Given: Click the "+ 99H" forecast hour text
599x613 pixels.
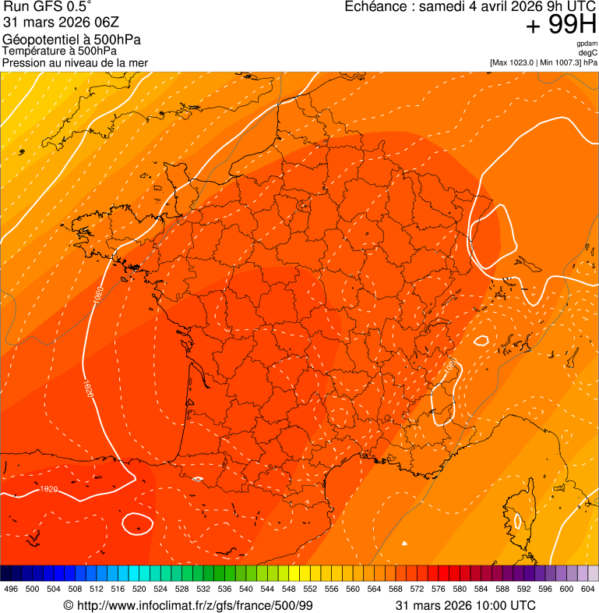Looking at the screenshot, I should click(x=561, y=25).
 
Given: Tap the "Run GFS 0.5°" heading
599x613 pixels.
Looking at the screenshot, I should click(x=48, y=8).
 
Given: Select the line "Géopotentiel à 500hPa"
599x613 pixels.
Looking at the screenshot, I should click(x=72, y=40).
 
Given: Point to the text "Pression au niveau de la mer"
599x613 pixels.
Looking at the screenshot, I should click(x=75, y=62).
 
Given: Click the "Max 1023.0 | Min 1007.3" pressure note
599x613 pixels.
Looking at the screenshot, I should click(x=544, y=62).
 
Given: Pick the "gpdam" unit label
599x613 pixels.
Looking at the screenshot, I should click(x=587, y=44).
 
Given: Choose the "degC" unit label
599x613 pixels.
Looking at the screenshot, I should click(x=588, y=53).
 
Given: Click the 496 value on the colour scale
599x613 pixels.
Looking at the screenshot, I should click(x=11, y=589).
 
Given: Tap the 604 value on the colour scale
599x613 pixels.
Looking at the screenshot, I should click(x=587, y=589).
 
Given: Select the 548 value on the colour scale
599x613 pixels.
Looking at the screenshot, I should click(x=288, y=589).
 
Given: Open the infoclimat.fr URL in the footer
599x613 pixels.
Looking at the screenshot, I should click(x=187, y=605).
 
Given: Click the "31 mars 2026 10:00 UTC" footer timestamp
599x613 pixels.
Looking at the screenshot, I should click(x=466, y=605).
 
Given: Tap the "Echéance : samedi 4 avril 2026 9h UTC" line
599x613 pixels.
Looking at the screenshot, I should click(x=470, y=7).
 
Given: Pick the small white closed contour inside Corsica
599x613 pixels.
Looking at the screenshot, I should click(x=516, y=519).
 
